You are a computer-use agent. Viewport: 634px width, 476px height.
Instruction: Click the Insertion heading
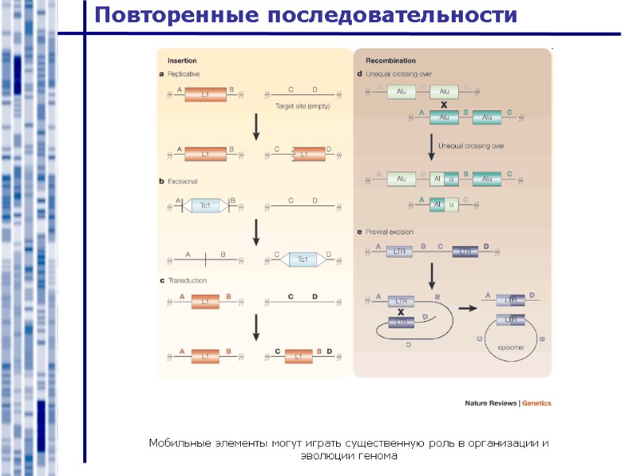click(x=182, y=60)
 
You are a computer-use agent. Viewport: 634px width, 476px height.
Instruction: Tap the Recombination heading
click(x=391, y=60)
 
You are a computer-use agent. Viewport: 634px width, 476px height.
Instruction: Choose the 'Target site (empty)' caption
click(x=303, y=106)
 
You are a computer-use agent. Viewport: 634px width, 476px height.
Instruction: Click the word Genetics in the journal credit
click(x=537, y=403)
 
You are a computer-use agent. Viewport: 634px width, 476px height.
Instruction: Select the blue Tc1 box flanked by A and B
click(x=205, y=205)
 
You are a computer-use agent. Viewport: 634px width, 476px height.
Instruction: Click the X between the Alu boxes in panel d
click(x=444, y=105)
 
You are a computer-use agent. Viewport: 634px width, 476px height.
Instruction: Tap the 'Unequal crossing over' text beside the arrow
click(x=472, y=146)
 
